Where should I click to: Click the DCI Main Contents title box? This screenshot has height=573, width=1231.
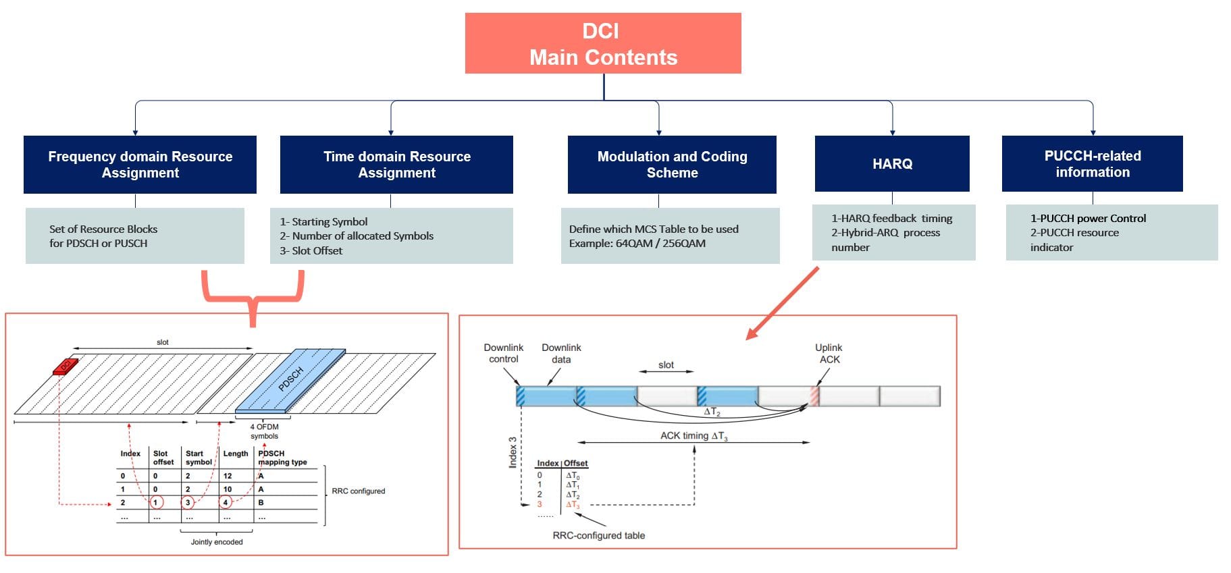(603, 43)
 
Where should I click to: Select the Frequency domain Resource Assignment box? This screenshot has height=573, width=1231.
(140, 165)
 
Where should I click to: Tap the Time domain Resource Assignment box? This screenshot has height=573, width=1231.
(396, 165)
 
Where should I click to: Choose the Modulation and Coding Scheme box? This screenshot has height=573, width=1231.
(672, 165)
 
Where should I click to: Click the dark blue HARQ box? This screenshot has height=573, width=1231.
(892, 164)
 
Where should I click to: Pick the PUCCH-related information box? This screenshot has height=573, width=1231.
(1092, 164)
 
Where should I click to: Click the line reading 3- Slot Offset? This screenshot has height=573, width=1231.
(311, 251)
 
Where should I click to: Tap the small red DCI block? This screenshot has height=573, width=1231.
(66, 366)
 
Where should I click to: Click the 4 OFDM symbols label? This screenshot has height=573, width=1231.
(264, 431)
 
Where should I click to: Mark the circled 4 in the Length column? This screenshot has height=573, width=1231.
(226, 502)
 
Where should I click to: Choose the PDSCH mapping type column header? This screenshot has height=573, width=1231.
(282, 458)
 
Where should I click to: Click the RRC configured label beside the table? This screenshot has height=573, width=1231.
(358, 491)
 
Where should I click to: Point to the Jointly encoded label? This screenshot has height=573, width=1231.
(216, 542)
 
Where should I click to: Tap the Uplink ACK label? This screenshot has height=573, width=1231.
(829, 353)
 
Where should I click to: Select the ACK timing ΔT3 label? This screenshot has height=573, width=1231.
(693, 436)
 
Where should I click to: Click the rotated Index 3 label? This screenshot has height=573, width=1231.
(513, 452)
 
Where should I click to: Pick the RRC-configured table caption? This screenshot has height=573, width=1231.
(598, 536)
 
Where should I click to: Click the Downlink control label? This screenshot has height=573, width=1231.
(504, 353)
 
